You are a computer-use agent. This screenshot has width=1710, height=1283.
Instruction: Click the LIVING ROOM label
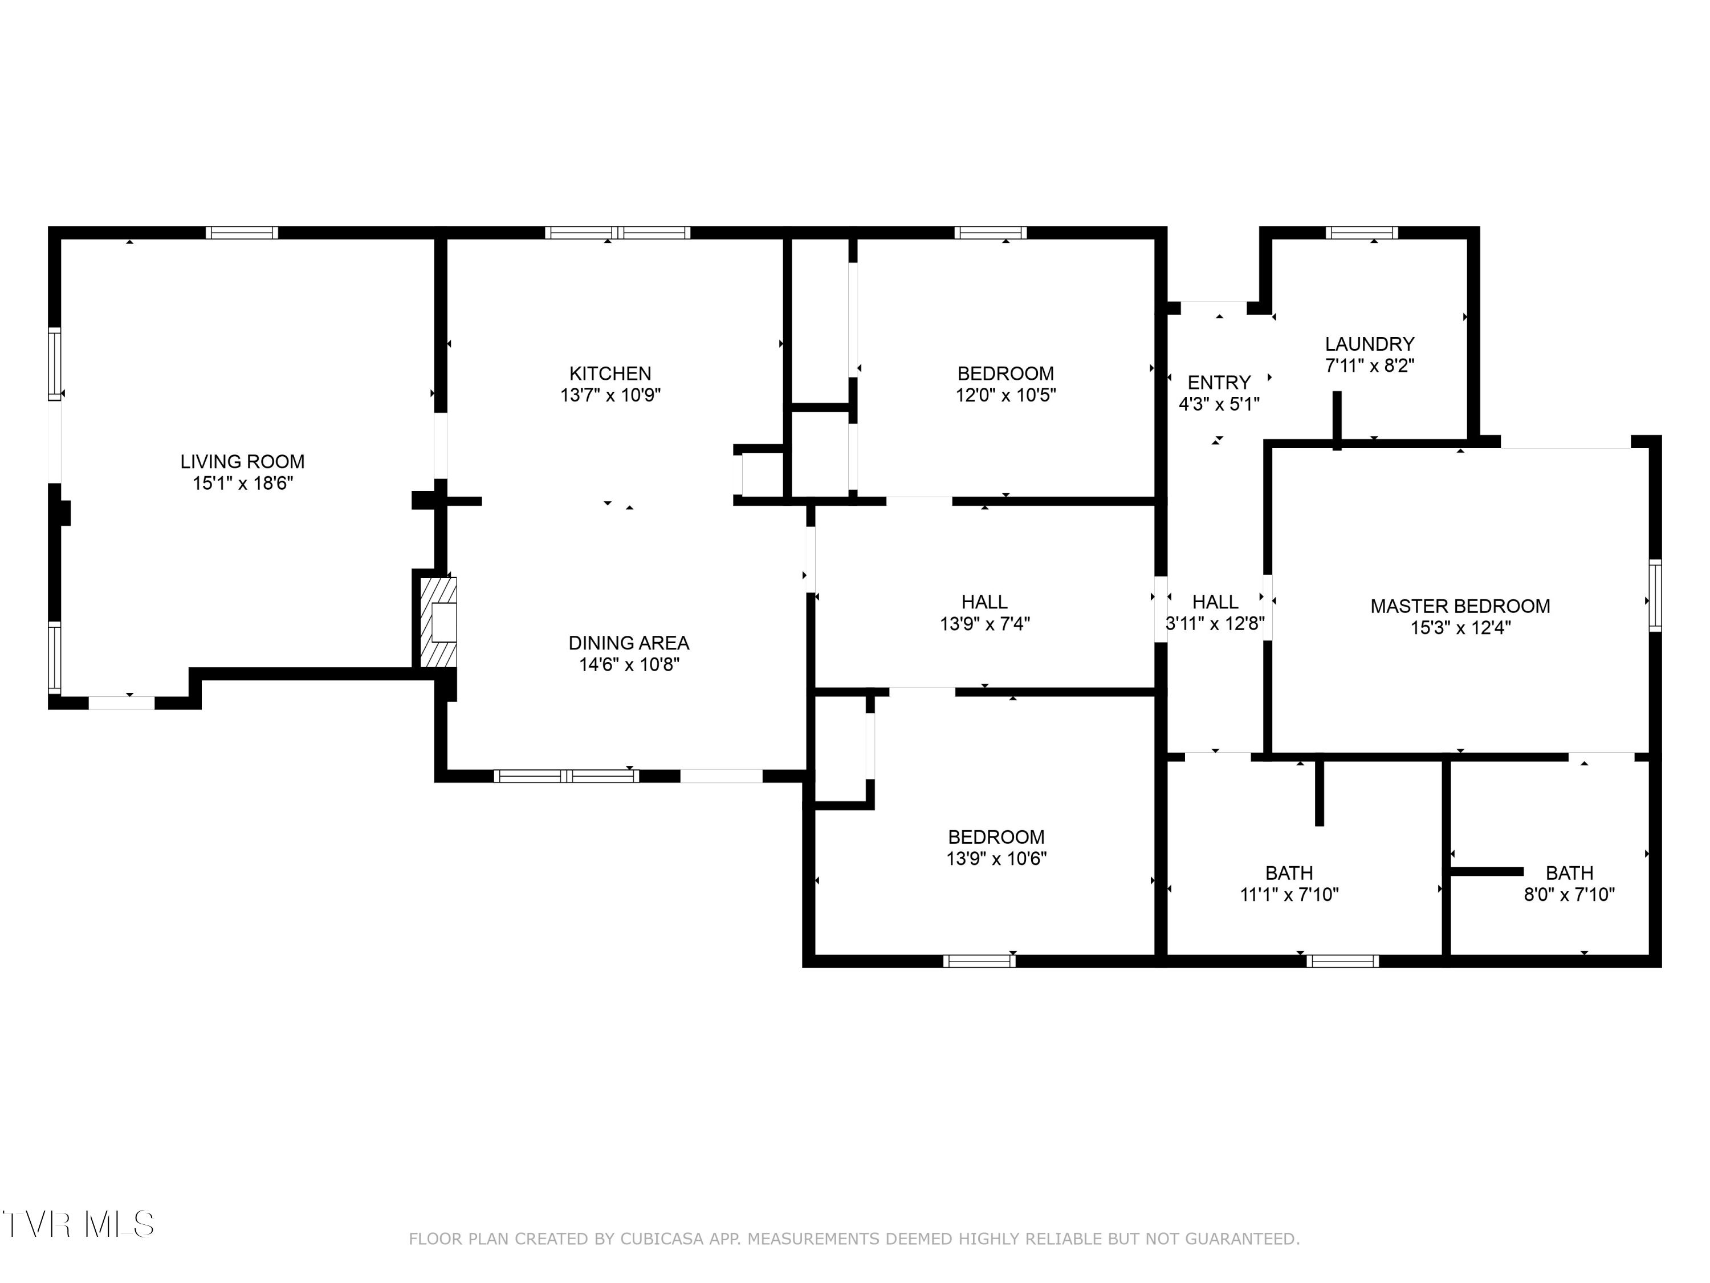point(243,462)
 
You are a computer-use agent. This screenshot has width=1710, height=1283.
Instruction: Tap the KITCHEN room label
point(610,373)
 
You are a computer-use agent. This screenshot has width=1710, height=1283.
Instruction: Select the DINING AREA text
point(629,643)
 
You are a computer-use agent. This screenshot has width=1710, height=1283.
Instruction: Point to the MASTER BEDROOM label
point(1460,606)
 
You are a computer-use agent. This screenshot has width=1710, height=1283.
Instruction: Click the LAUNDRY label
point(1370,344)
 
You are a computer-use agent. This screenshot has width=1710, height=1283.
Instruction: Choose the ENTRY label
point(1219,383)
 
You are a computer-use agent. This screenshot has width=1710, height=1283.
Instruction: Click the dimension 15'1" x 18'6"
point(243,484)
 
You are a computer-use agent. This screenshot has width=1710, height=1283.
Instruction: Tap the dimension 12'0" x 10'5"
point(1005,395)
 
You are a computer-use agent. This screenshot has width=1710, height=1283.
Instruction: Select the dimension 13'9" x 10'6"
point(996,858)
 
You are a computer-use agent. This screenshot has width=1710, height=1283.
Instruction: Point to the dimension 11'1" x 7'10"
point(1289,895)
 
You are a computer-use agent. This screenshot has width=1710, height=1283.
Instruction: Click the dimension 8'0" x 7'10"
point(1569,895)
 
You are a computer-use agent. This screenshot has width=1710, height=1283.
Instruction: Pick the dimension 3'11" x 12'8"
point(1215,623)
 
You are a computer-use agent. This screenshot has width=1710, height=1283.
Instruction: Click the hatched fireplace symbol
point(438,623)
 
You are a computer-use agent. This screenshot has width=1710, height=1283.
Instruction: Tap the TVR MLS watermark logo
point(78,1224)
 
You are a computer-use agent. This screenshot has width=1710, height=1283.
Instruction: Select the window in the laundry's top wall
point(1362,232)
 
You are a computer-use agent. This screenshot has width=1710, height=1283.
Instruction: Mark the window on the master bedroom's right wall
point(1655,595)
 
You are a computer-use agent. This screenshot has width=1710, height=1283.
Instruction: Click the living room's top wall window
point(242,232)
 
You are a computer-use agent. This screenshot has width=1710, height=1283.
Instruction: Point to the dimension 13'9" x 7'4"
point(985,623)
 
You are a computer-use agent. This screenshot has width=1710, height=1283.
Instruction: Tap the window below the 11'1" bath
point(1343,961)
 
